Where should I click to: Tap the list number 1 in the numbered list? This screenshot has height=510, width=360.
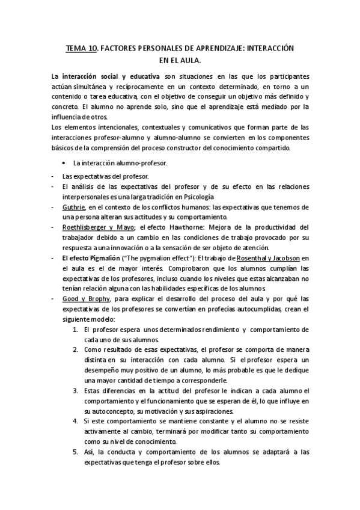[x=75, y=330]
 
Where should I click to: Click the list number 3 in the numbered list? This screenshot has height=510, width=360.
[x=75, y=390]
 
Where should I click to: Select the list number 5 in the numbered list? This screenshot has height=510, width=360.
[x=75, y=451]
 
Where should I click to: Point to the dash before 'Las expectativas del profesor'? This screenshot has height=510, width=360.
[x=53, y=176]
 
